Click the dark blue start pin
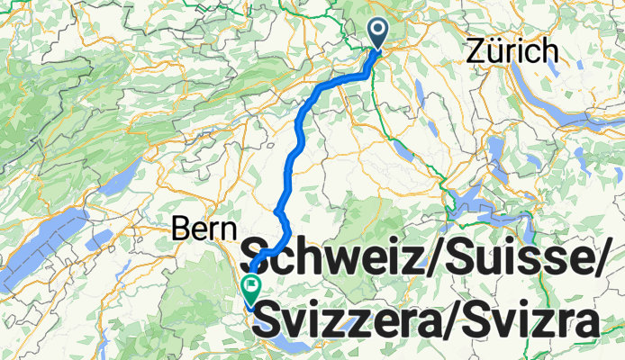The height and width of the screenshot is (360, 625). coord(376,33)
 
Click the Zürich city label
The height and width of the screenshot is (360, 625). coord(512,53)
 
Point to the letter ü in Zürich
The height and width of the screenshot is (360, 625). coord(494,53)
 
